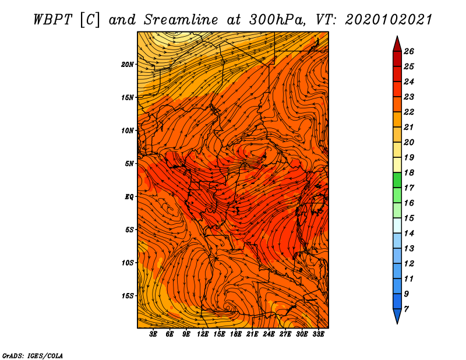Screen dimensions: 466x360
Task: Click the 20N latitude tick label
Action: pyautogui.click(x=128, y=65)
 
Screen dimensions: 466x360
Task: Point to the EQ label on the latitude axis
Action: pyautogui.click(x=129, y=197)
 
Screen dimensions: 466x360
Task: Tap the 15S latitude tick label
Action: pyautogui.click(x=128, y=296)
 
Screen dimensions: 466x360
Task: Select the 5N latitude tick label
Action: pyautogui.click(x=129, y=164)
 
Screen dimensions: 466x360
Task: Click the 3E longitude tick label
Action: pyautogui.click(x=153, y=334)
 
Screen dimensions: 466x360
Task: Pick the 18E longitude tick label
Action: pyautogui.click(x=236, y=334)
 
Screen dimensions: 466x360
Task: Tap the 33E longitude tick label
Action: pyautogui.click(x=318, y=334)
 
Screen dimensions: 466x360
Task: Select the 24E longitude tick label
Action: pyautogui.click(x=269, y=334)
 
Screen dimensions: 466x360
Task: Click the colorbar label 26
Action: pyautogui.click(x=409, y=51)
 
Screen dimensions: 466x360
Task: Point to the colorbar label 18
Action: pyautogui.click(x=409, y=172)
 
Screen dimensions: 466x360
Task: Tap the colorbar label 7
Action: pyautogui.click(x=406, y=309)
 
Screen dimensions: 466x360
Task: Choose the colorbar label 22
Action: pyautogui.click(x=409, y=112)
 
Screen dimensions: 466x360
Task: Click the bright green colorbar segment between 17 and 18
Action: pyautogui.click(x=397, y=180)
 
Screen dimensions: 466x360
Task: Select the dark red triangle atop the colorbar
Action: pyautogui.click(x=397, y=44)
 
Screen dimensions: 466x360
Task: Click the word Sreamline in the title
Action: pyautogui.click(x=181, y=20)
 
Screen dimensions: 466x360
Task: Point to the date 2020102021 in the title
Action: pyautogui.click(x=389, y=20)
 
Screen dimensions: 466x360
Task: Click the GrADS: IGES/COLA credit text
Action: pyautogui.click(x=33, y=355)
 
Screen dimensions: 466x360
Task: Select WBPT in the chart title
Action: pyautogui.click(x=53, y=20)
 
